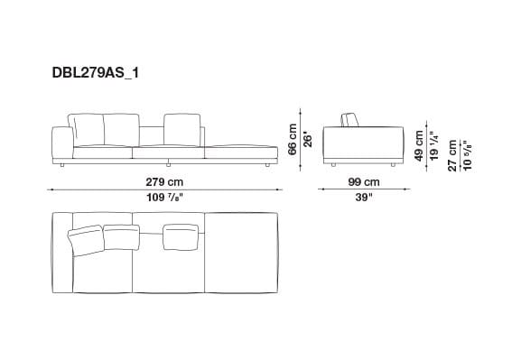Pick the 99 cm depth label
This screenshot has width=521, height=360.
363,182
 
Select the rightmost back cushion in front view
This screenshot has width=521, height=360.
183,129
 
